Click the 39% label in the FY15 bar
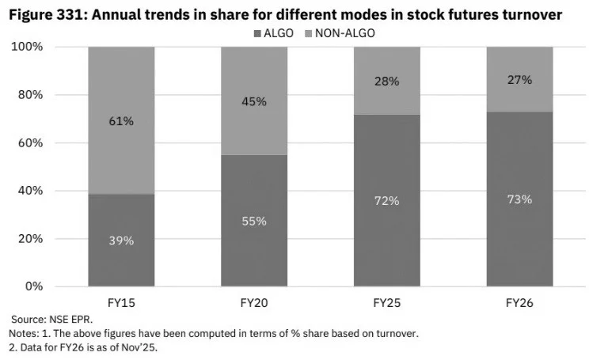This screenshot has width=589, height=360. coord(121,241)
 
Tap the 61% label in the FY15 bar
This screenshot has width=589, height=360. coord(121,121)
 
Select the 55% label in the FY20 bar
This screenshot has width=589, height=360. coord(253,222)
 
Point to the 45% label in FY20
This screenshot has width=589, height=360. coord(253,101)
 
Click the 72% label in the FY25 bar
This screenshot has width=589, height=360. coord(386,201)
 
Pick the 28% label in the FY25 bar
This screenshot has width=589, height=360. coord(386,81)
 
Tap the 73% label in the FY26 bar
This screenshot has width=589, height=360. coord(519,199)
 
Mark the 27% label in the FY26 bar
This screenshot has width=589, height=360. coord(519,80)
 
